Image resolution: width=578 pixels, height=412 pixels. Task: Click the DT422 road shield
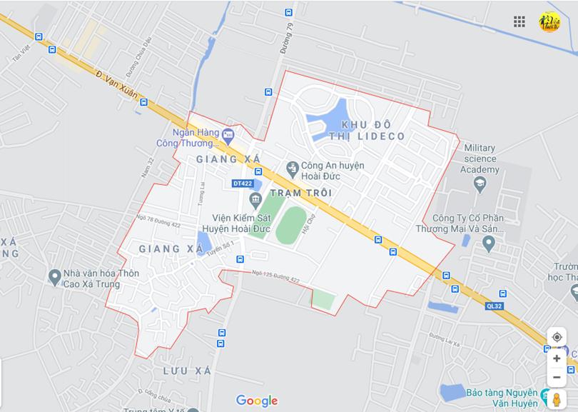pos(243,184)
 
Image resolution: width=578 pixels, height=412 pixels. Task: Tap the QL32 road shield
pos(494,306)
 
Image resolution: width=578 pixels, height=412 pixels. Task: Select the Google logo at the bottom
pos(256,401)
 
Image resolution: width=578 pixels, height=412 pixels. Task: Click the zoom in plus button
pos(557,358)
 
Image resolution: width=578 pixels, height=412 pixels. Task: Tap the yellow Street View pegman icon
pos(557,400)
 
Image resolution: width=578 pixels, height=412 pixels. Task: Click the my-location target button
pos(557,337)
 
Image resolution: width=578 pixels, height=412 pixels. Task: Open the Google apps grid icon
pos(519,21)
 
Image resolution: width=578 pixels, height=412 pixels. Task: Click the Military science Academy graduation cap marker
pos(480,184)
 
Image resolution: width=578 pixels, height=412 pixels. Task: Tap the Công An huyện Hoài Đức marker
pos(292,169)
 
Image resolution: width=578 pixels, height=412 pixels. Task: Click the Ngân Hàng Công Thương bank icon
pos(228,134)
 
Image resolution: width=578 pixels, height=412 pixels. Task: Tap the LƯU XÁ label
pos(187,371)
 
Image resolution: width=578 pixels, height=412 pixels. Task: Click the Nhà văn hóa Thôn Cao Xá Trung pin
pos(54,276)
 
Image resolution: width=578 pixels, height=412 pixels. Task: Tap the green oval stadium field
pos(291,225)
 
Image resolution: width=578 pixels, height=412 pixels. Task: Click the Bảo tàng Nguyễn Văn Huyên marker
pos(547,397)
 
